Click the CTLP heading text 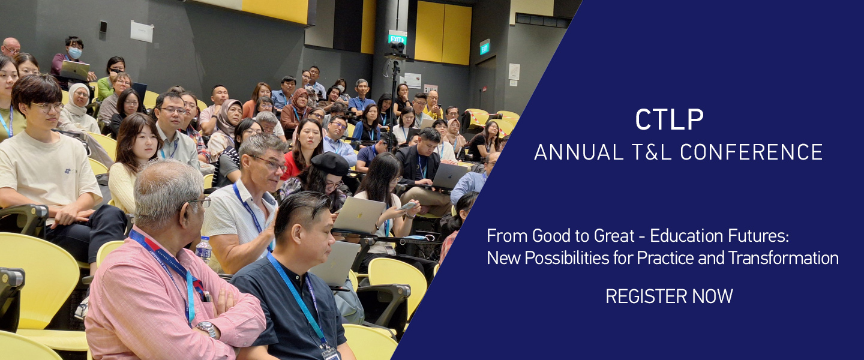[x=669, y=119]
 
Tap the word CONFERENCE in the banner [x=751, y=152]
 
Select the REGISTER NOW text [x=669, y=296]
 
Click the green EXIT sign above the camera [x=397, y=38]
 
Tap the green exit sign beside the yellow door [x=484, y=47]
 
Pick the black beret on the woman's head [x=330, y=164]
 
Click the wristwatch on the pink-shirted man [x=207, y=329]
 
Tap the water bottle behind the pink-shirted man [x=203, y=250]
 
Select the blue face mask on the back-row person [x=75, y=52]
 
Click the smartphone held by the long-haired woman [x=408, y=206]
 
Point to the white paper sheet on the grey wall [x=142, y=31]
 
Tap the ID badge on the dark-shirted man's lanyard [x=331, y=353]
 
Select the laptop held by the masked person [x=75, y=71]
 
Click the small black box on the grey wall [x=103, y=26]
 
